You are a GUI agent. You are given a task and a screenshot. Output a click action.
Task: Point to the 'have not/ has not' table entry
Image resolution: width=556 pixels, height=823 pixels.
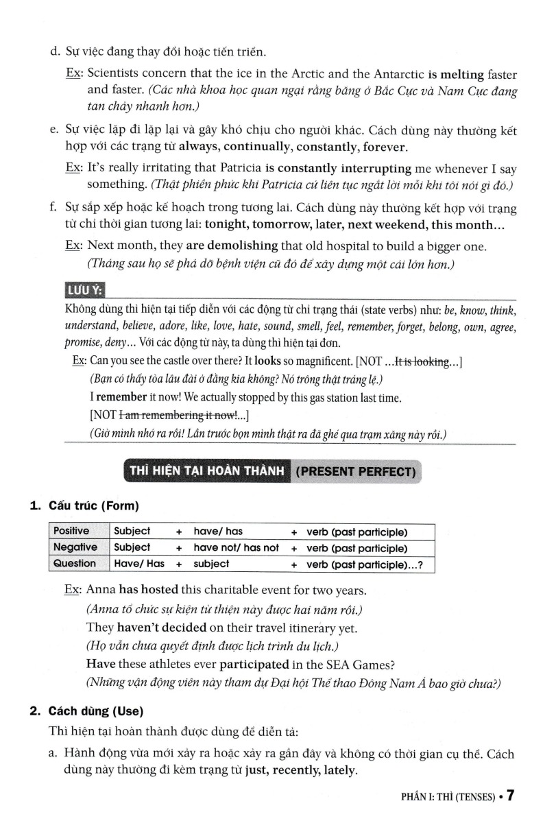(237, 547)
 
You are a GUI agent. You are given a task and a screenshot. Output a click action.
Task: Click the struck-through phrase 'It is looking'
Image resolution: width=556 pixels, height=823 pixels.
(420, 361)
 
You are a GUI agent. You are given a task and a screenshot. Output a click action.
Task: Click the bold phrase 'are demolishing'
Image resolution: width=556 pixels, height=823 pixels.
(232, 246)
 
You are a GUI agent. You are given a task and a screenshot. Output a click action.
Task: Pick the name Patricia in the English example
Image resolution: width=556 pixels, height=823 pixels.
(241, 168)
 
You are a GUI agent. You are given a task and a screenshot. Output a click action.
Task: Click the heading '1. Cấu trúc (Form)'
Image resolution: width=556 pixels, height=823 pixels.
(84, 507)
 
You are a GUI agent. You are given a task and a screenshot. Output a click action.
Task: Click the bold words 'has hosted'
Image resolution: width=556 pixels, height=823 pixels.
(148, 590)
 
